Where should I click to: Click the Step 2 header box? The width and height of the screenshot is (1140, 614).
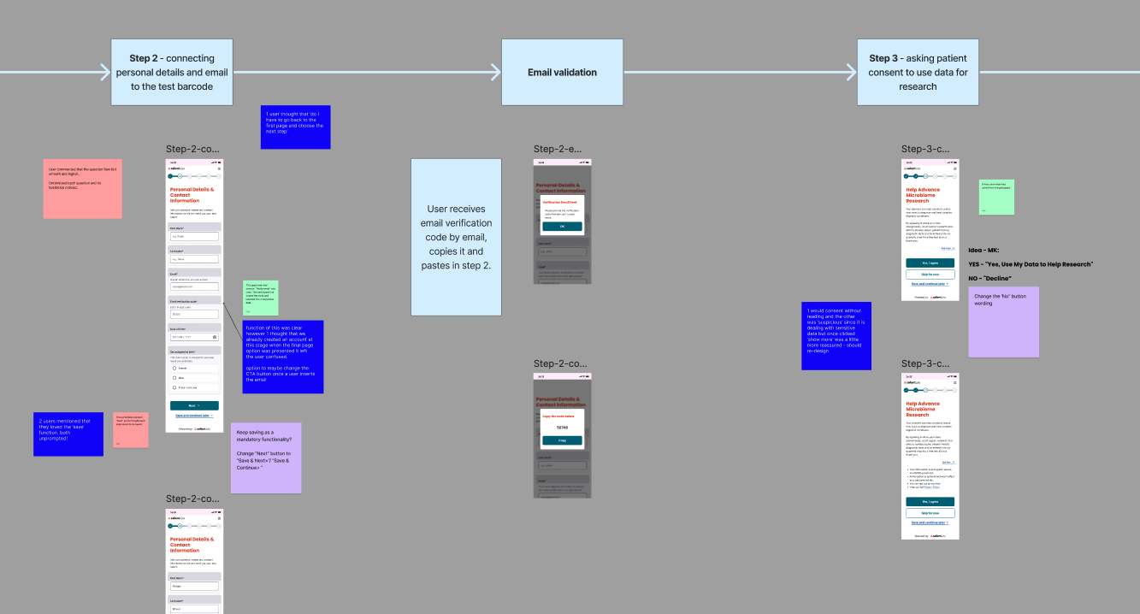172,72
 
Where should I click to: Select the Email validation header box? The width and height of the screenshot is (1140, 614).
562,72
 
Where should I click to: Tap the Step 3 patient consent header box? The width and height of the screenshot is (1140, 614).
918,72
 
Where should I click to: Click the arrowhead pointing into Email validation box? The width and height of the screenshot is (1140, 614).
495,72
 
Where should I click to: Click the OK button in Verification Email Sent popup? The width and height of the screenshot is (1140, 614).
562,227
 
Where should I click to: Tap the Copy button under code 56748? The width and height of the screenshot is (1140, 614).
562,440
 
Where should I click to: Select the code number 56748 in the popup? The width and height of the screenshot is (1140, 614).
562,427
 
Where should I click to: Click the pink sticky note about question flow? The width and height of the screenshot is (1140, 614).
82,188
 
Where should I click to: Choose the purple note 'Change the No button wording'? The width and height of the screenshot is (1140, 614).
1003,322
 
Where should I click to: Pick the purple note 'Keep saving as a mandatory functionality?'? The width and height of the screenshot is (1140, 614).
266,458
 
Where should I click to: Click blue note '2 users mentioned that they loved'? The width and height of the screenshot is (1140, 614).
68,434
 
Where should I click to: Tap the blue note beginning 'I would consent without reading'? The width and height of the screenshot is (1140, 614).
836,335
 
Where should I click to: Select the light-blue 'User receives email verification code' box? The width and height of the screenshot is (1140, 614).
456,237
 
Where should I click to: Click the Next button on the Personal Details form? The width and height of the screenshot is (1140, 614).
194,405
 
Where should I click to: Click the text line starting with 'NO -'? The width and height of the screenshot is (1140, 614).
990,278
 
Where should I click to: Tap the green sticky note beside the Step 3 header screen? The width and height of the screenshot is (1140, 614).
996,197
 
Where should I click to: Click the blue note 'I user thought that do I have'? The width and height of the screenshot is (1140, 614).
295,127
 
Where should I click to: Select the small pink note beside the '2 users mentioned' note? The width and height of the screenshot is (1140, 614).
131,429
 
